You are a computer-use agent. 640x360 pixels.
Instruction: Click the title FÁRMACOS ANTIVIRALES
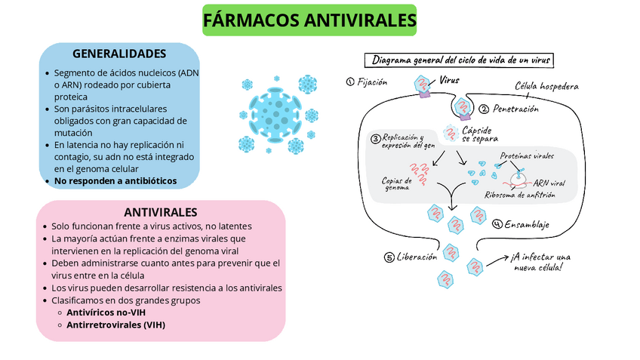tap(310, 20)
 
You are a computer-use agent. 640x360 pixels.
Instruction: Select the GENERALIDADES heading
tap(119, 54)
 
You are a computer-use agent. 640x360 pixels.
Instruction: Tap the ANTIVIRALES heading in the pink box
tap(161, 212)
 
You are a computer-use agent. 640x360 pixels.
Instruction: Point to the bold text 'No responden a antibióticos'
tap(115, 181)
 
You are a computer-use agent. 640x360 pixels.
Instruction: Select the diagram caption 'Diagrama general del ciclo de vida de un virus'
tap(460, 60)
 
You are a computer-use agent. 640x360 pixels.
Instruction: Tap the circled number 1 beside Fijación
tap(349, 82)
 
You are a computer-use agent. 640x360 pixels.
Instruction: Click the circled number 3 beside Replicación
tap(375, 139)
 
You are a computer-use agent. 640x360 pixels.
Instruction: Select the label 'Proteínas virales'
tap(527, 156)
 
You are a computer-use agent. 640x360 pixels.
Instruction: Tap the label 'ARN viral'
tap(549, 183)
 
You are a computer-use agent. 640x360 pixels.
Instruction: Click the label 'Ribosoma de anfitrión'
tap(519, 195)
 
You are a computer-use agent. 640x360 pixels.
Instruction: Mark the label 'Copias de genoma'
tap(398, 183)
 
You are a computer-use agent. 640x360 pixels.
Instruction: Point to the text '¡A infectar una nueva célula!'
tap(540, 261)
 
